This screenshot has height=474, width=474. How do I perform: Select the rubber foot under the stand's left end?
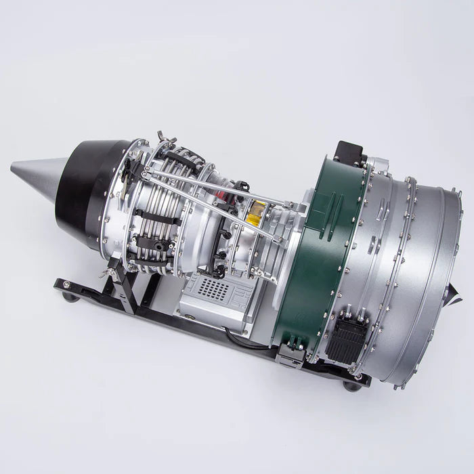tap(68, 296)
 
